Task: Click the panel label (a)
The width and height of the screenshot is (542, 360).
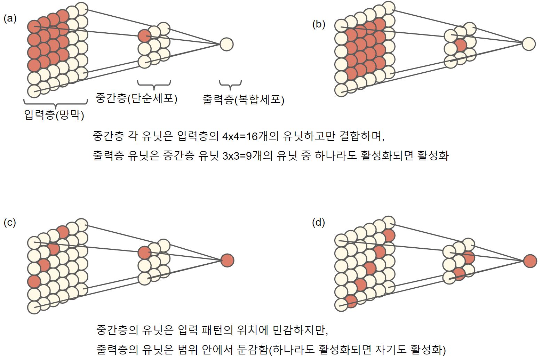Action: (10, 18)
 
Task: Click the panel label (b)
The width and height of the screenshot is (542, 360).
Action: (319, 24)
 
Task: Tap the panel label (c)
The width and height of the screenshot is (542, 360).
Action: (10, 222)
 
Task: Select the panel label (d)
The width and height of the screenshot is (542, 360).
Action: (318, 222)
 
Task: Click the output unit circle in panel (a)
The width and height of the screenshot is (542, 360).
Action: (226, 44)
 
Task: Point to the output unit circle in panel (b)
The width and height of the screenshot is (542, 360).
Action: (528, 44)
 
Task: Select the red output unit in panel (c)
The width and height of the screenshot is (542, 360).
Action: (227, 260)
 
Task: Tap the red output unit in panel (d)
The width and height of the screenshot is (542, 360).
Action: (530, 261)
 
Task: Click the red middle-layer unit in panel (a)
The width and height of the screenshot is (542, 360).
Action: (144, 36)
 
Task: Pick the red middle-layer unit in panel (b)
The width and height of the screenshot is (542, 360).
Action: (461, 45)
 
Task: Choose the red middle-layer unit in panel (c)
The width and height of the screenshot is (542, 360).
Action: (144, 253)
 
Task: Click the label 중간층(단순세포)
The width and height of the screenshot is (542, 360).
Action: (136, 98)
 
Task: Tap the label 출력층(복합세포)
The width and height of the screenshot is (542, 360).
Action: (243, 100)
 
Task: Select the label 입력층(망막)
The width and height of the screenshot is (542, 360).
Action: (54, 114)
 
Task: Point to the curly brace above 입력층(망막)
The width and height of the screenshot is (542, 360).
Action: (55, 103)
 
